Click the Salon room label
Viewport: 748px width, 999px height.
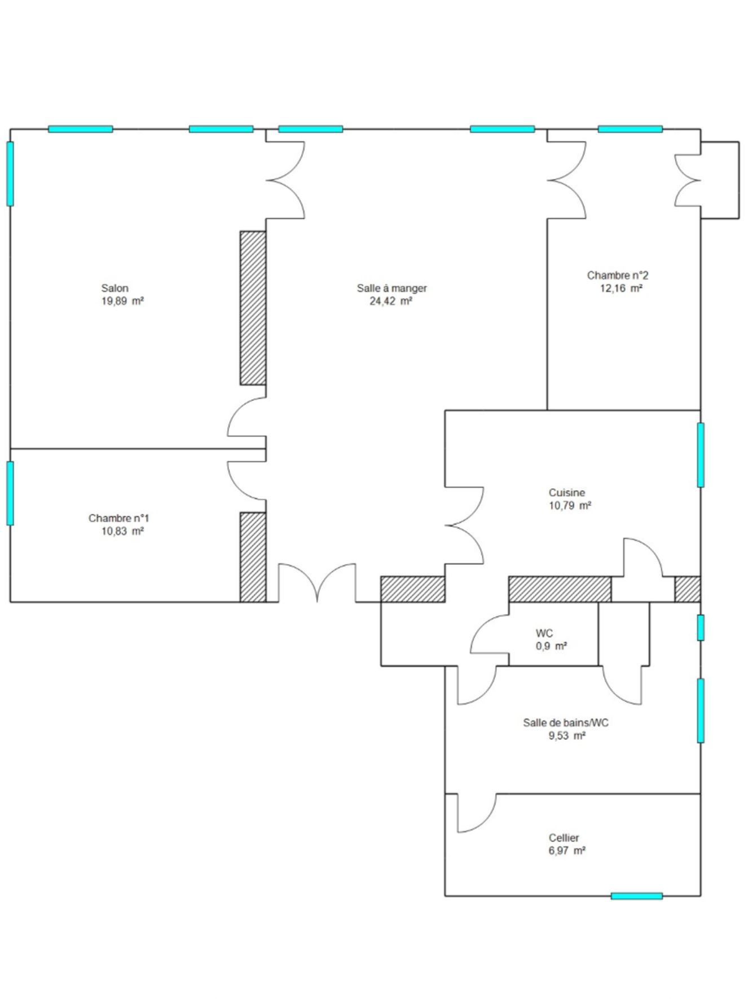(x=115, y=288)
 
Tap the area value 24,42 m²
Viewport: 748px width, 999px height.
(x=390, y=301)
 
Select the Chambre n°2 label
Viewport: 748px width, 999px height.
(x=618, y=275)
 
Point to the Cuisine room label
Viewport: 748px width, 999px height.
(x=567, y=493)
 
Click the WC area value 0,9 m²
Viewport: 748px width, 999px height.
(x=551, y=646)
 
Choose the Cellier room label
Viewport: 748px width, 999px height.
(x=564, y=838)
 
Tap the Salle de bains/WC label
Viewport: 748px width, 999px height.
(x=566, y=723)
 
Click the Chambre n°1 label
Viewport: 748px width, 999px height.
(x=119, y=518)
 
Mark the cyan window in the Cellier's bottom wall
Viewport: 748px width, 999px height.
(x=636, y=896)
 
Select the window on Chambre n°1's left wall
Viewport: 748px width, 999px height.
(x=10, y=493)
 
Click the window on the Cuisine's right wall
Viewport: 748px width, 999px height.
(x=701, y=455)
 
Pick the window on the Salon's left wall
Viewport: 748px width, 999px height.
(x=10, y=174)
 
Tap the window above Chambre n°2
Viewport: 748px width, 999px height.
(x=630, y=129)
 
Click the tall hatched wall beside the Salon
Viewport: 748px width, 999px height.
(x=253, y=308)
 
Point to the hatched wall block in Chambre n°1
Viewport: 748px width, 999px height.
(x=253, y=557)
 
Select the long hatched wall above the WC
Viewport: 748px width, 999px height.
(x=560, y=589)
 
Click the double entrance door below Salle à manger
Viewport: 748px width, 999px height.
(x=317, y=583)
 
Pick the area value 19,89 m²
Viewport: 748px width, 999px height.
(x=122, y=301)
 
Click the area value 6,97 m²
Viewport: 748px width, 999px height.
(x=567, y=851)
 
